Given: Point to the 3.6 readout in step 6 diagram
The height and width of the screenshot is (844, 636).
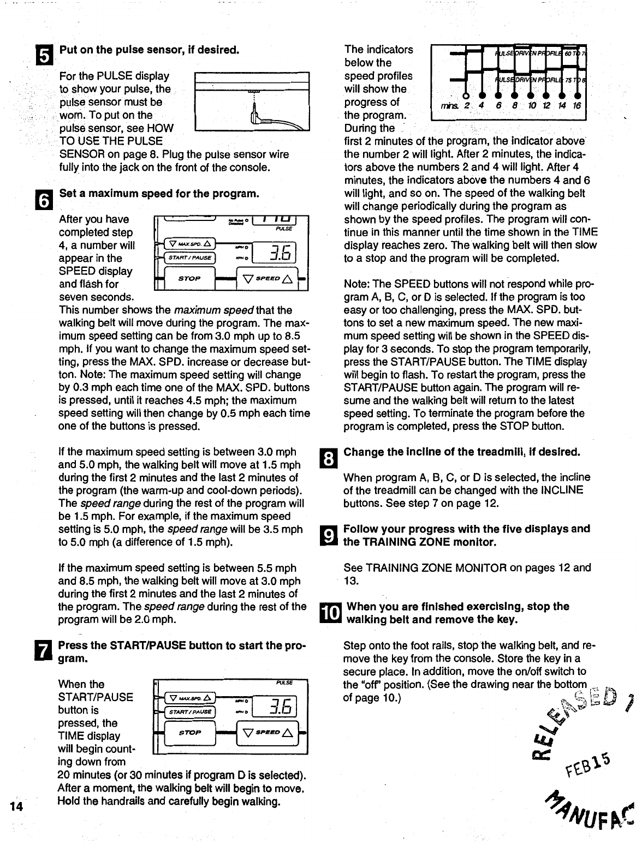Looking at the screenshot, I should click(282, 252).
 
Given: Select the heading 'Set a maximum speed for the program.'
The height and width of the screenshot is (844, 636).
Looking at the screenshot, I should click(158, 194).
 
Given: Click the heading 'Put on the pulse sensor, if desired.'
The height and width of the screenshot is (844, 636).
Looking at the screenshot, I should click(149, 50).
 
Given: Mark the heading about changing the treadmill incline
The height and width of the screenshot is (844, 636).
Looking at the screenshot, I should click(461, 452).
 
